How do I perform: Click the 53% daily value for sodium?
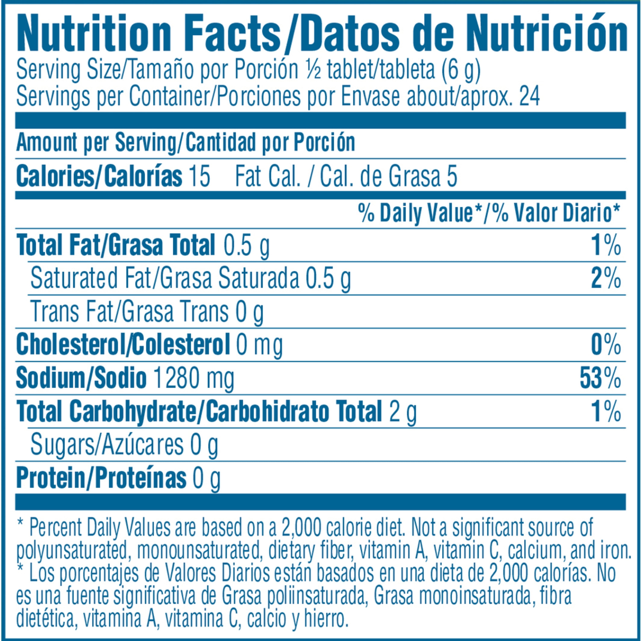(600, 379)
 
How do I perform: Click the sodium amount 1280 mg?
(194, 379)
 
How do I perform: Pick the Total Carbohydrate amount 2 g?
(403, 412)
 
